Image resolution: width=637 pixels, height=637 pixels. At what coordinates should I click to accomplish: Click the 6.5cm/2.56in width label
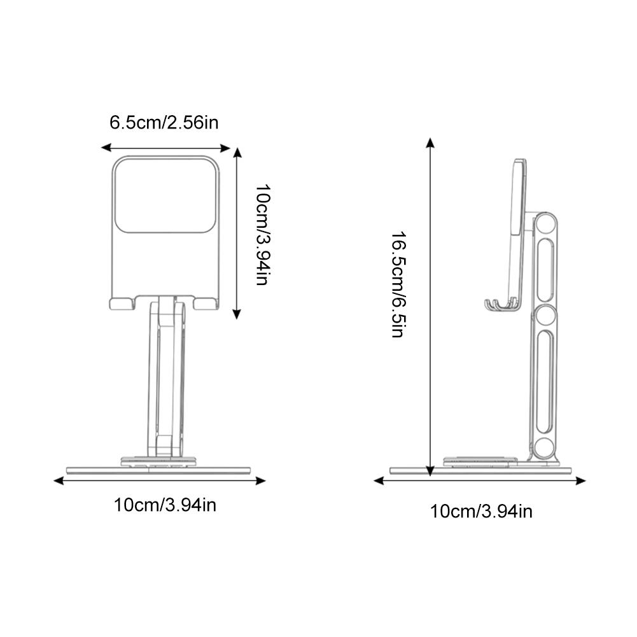(x=164, y=122)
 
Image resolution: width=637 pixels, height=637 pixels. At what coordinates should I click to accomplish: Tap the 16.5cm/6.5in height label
(x=398, y=284)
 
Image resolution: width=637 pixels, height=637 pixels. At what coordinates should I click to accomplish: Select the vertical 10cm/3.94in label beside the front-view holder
(x=262, y=235)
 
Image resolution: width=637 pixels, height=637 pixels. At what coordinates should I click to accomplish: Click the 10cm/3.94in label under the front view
(x=165, y=505)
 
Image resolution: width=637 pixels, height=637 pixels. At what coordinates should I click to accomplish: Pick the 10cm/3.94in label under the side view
(x=481, y=510)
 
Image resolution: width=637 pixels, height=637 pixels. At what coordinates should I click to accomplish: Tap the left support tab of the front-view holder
(x=122, y=303)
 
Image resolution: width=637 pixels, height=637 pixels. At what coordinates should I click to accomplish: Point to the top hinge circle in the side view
(x=543, y=223)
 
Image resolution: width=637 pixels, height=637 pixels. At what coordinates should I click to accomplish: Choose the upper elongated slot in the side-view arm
(x=544, y=269)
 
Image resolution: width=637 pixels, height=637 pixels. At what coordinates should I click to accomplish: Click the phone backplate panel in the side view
(x=519, y=197)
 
